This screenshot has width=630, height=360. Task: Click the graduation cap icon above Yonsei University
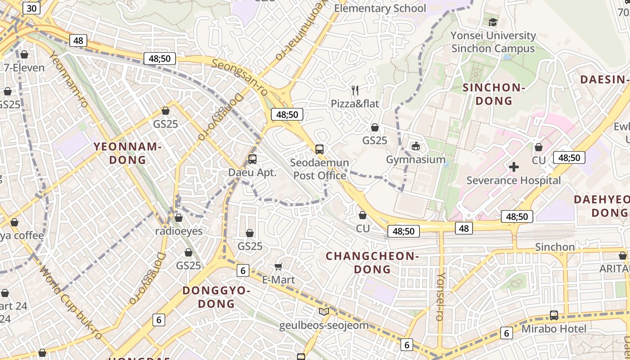pyautogui.click(x=493, y=22)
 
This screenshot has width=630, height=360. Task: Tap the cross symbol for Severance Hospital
pyautogui.click(x=513, y=167)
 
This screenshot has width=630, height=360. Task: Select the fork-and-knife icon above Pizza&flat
pyautogui.click(x=355, y=90)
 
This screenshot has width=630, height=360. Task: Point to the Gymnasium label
pyautogui.click(x=416, y=160)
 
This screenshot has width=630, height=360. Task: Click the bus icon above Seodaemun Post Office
pyautogui.click(x=319, y=149)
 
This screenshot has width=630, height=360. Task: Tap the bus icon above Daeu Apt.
pyautogui.click(x=252, y=159)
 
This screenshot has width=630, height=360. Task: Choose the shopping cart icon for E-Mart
pyautogui.click(x=279, y=267)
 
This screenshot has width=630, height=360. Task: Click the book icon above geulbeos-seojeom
pyautogui.click(x=324, y=311)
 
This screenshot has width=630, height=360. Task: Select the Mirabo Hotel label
pyautogui.click(x=554, y=329)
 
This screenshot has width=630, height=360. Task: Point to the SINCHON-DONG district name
pyautogui.click(x=494, y=94)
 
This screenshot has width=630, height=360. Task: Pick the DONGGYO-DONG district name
pyautogui.click(x=216, y=297)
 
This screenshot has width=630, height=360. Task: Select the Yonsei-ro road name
pyautogui.click(x=441, y=297)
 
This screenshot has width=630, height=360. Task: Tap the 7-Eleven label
pyautogui.click(x=24, y=68)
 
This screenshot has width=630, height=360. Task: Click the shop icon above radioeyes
pyautogui.click(x=179, y=218)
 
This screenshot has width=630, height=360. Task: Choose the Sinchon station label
pyautogui.click(x=554, y=247)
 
